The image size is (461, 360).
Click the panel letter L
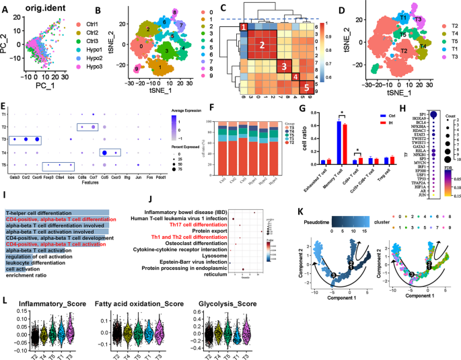pos(6,283)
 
